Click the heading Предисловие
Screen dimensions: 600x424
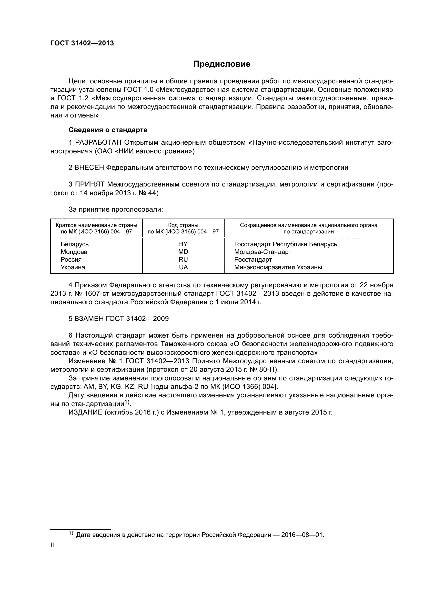click(222, 64)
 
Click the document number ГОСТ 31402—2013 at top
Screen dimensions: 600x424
click(82, 43)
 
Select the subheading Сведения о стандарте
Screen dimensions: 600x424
click(108, 130)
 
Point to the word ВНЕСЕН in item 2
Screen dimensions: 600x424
click(89, 168)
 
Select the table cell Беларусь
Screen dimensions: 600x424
click(75, 244)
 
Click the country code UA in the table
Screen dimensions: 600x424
click(183, 267)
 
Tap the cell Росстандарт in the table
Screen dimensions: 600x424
click(253, 260)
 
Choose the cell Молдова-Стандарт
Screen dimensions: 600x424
click(263, 252)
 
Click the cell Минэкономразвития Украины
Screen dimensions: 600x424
click(278, 267)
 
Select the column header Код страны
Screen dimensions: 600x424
click(183, 225)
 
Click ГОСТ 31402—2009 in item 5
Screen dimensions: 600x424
click(138, 319)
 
